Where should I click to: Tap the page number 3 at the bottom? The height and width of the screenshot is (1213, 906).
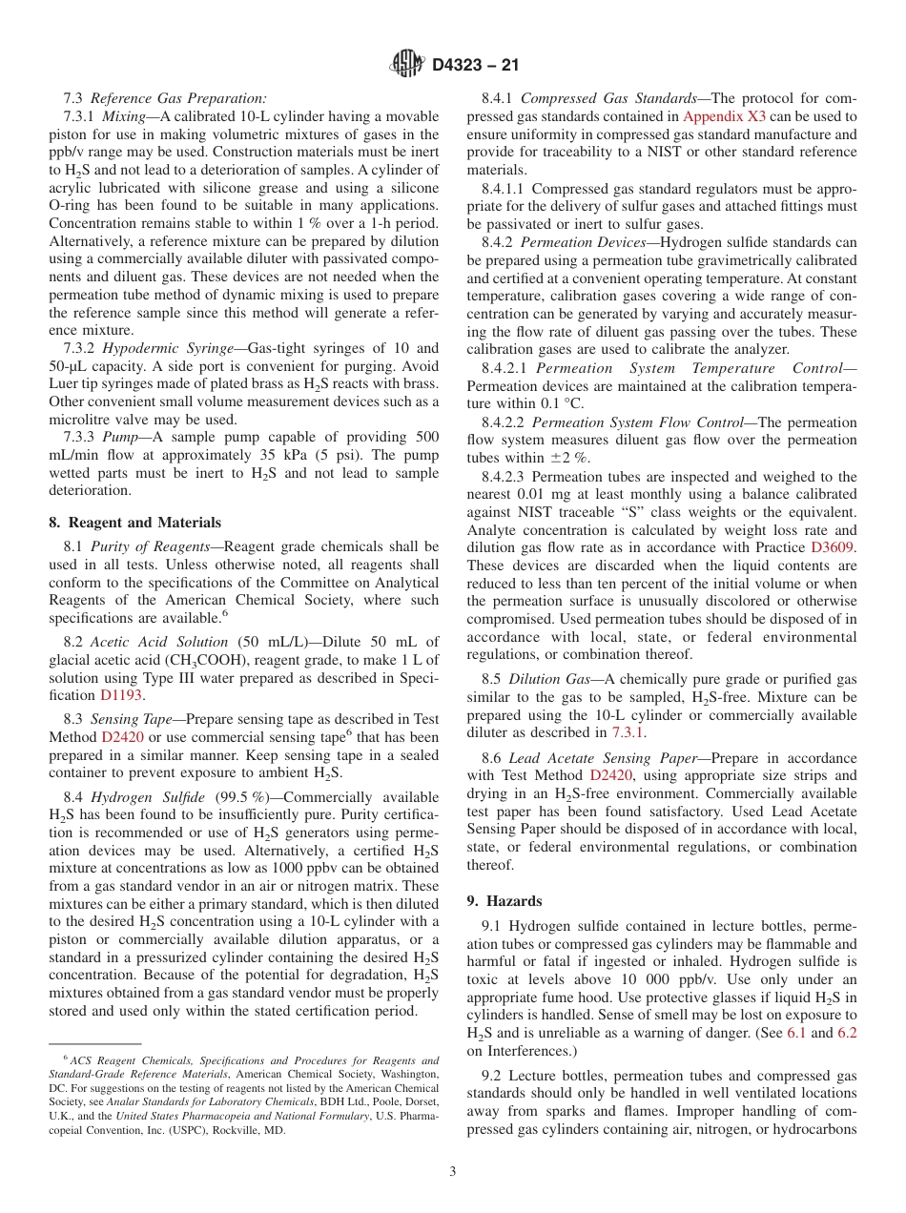(452, 1172)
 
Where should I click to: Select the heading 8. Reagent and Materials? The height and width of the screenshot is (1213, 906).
(134, 523)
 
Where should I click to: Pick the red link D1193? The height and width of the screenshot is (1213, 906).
(121, 695)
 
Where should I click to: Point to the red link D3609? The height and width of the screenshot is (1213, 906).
(833, 547)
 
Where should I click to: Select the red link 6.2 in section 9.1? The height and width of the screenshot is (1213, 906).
(846, 1033)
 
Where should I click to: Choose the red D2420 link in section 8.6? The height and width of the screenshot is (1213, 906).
(609, 775)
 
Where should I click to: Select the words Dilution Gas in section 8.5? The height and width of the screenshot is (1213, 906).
(548, 679)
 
